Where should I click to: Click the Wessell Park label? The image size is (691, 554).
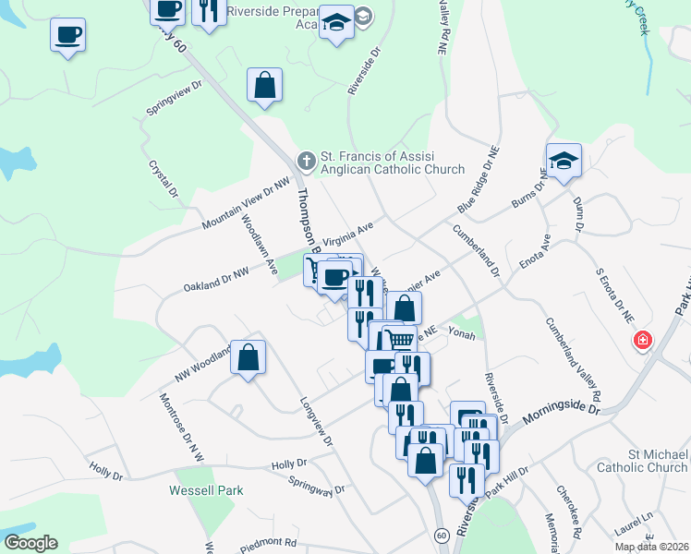[206, 490]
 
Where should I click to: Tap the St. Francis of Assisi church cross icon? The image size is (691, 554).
[306, 162]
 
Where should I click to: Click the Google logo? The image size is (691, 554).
[30, 543]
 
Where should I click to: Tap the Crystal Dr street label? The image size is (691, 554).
[163, 179]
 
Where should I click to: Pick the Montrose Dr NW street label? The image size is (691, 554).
[180, 427]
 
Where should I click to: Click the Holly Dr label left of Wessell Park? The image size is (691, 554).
[106, 474]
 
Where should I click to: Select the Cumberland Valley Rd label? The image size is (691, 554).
[573, 359]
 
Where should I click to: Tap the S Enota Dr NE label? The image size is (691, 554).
[614, 294]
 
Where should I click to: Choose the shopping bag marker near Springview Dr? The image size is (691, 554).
[264, 85]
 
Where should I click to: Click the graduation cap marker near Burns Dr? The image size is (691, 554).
[564, 161]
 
